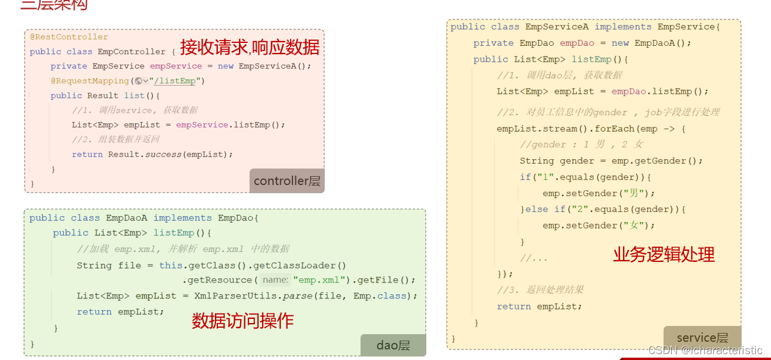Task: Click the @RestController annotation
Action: [69, 37]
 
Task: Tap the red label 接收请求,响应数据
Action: [250, 47]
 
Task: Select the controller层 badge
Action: [287, 181]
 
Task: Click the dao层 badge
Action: [393, 345]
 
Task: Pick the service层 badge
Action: [702, 338]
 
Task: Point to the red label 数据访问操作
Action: [243, 321]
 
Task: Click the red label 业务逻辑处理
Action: [664, 254]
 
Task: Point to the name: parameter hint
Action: [275, 280]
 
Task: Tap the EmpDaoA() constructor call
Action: [662, 43]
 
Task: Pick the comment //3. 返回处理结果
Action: [540, 290]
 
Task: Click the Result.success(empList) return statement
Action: [152, 154]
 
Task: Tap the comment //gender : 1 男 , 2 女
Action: [581, 144]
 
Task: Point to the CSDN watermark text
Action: [705, 350]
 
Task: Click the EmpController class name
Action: [132, 52]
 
